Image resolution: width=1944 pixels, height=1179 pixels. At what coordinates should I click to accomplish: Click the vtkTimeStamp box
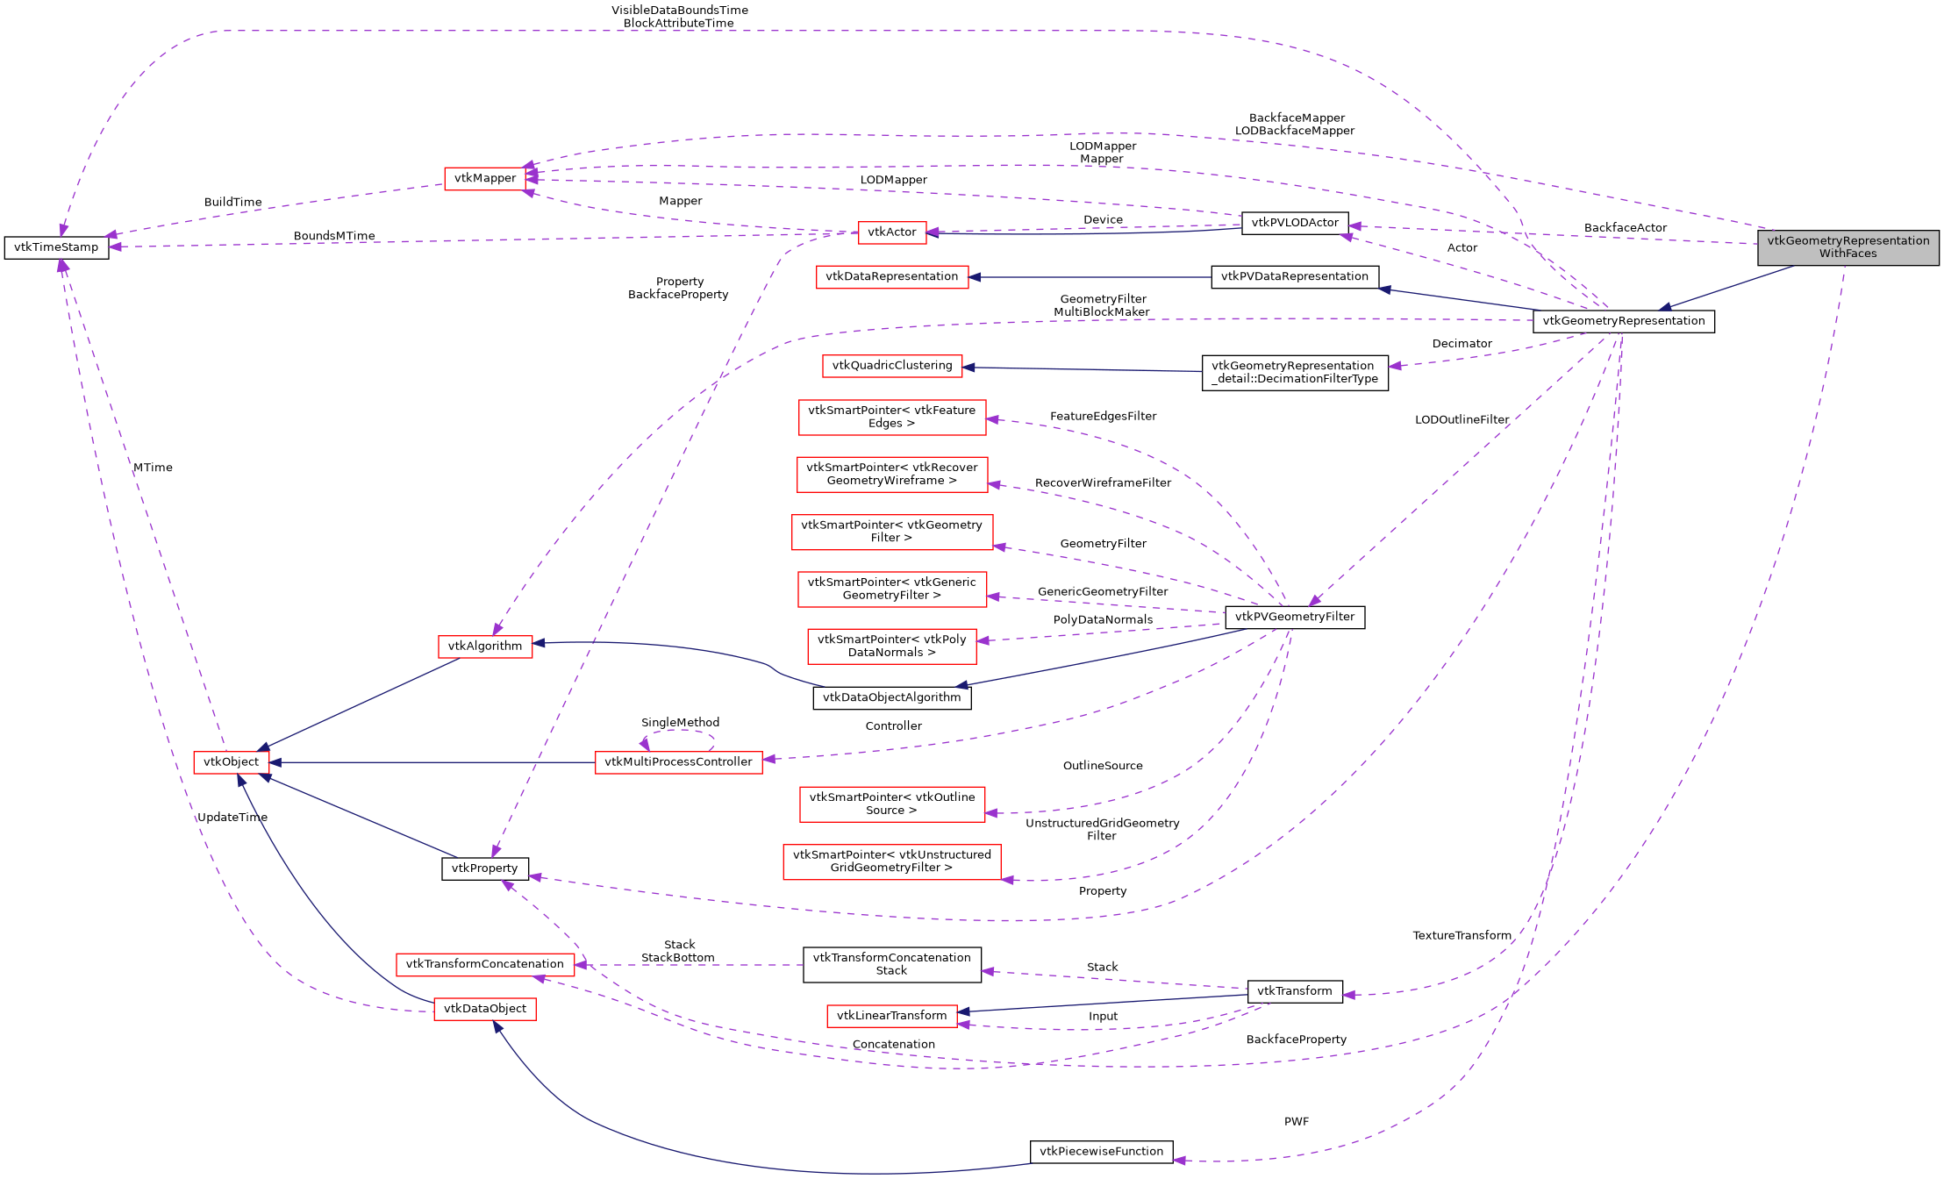point(56,247)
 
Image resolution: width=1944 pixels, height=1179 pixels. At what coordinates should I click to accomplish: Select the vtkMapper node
point(485,178)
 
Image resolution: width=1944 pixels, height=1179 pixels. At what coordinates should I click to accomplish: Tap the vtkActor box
point(891,232)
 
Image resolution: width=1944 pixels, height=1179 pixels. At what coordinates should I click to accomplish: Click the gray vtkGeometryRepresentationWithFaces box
point(1848,247)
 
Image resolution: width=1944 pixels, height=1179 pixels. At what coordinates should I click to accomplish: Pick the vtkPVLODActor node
point(1294,223)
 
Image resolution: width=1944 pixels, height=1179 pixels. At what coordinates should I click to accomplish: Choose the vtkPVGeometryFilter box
point(1294,617)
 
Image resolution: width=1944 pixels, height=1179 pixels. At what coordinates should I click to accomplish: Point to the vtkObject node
point(231,762)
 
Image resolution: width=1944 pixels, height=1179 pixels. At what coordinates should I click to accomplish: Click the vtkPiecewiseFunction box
point(1101,1152)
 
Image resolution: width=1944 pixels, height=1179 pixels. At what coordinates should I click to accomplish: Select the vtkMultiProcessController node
point(678,762)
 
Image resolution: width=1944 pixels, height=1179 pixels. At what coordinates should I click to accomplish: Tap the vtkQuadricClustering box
point(891,366)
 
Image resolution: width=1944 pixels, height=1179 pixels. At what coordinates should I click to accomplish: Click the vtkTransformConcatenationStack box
point(891,964)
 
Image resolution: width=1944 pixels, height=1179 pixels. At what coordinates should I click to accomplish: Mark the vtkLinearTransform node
point(891,1016)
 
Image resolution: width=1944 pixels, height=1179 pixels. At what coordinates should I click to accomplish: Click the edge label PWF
point(1296,1122)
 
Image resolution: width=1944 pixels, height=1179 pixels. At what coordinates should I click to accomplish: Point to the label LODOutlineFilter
point(1462,420)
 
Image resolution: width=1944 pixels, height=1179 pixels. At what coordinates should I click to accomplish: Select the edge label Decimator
point(1462,344)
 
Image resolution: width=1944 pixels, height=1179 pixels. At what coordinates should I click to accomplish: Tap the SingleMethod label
point(680,723)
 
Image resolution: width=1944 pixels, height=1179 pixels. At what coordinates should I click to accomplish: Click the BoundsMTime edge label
point(334,236)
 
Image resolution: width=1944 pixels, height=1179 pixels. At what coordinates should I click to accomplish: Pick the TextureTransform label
point(1462,936)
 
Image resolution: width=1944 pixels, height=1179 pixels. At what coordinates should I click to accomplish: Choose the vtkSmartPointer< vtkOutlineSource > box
point(891,804)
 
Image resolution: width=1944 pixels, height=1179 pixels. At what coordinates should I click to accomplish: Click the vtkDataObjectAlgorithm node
point(891,697)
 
